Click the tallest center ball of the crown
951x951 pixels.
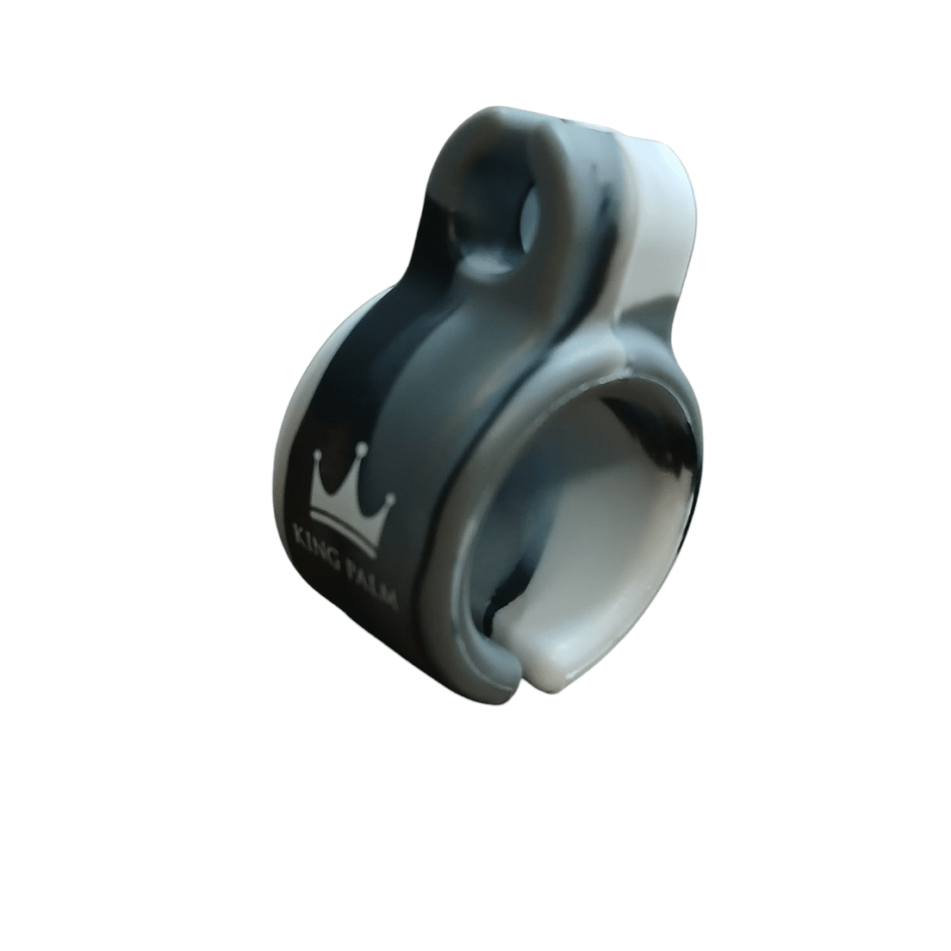362,448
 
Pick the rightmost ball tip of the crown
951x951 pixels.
390,498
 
